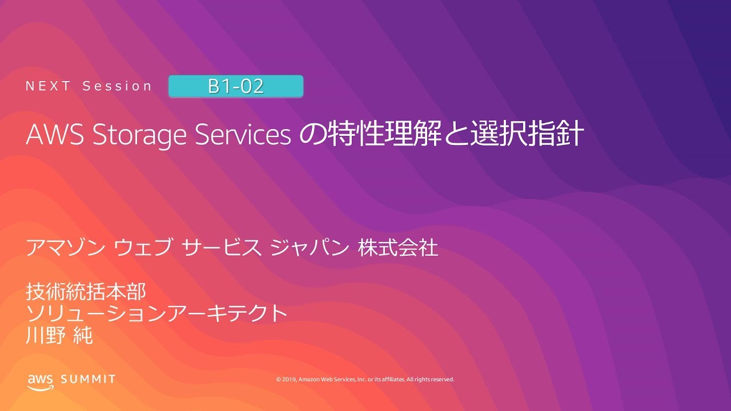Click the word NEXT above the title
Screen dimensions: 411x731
click(48, 86)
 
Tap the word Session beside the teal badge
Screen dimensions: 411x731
click(118, 86)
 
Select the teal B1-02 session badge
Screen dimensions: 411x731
click(235, 86)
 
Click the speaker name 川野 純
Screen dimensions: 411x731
click(59, 335)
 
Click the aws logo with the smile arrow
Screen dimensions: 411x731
click(39, 380)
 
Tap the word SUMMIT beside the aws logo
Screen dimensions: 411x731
click(88, 379)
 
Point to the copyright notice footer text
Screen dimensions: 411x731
click(365, 379)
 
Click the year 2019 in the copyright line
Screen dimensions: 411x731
click(289, 379)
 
